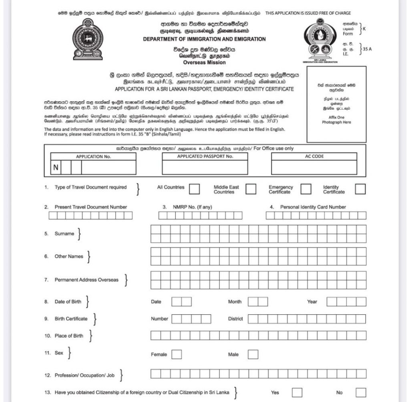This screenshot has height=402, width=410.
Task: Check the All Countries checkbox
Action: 195,189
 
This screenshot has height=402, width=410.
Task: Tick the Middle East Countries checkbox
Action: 251,189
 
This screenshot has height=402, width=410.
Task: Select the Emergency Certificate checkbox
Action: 306,189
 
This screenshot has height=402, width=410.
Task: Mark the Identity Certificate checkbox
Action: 360,189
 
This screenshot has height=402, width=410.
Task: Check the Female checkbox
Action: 177,354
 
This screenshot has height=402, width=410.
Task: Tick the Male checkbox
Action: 253,354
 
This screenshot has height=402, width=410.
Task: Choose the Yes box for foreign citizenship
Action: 297,392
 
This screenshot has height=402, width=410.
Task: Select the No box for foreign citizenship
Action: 361,392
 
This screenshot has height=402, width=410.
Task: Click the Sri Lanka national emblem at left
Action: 88,39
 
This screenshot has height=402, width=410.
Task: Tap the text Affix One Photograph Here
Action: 336,120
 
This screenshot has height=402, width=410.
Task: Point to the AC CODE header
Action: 314,157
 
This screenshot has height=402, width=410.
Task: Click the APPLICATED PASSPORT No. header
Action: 205,157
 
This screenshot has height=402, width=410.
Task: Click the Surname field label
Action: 64,234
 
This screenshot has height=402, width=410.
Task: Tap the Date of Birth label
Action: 68,302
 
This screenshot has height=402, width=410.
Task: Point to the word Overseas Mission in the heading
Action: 204,62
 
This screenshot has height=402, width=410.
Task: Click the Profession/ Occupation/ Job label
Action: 84,376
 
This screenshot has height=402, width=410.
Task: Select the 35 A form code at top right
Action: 367,49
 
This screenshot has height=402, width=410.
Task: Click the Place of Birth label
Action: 69,336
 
